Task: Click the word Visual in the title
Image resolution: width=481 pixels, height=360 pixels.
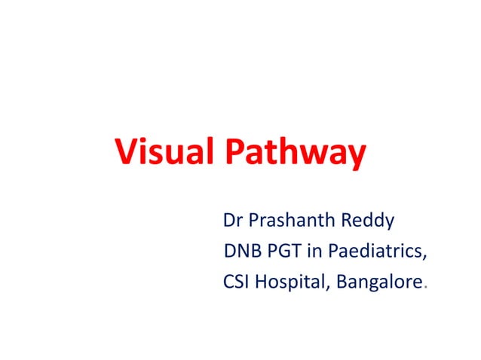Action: coord(164,154)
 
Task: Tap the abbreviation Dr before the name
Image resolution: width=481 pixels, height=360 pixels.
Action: coord(232,221)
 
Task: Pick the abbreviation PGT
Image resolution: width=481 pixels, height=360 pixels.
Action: coord(282,252)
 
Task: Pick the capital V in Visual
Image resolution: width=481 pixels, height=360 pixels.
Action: coord(125,154)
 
